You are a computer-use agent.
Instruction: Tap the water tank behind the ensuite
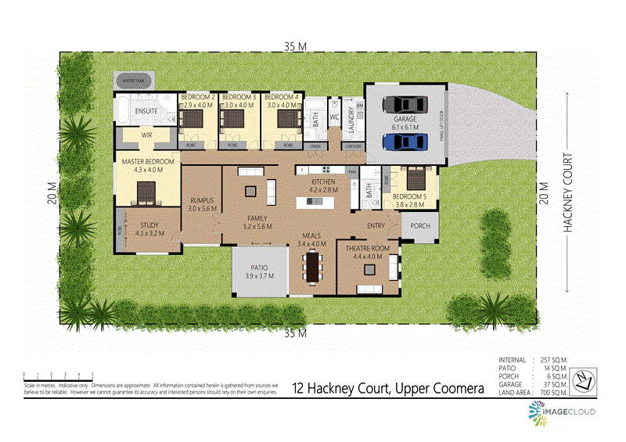[134, 80]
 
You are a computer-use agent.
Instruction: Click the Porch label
[420, 227]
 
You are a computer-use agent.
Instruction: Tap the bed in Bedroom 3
[232, 119]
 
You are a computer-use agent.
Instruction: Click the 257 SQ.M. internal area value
[552, 360]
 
